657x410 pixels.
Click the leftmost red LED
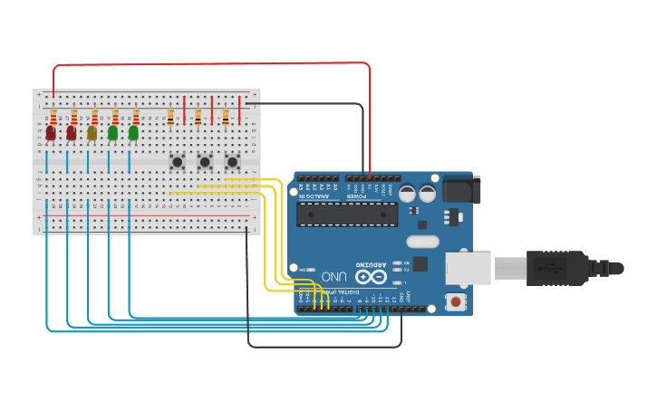coord(51,133)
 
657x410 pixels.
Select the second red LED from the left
coord(71,133)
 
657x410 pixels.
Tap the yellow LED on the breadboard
coord(92,133)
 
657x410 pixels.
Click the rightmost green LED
coord(133,133)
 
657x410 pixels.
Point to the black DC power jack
coord(461,190)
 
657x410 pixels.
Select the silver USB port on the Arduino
coord(468,268)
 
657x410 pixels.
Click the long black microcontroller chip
coord(348,215)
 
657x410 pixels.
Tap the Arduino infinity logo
coord(371,277)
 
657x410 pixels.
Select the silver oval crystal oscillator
coord(422,242)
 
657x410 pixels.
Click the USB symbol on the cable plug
coord(546,268)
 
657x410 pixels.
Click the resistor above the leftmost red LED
coord(53,117)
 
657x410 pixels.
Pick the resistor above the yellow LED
coord(94,117)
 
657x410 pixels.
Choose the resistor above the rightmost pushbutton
coord(226,117)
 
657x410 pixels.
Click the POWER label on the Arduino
coord(359,195)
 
